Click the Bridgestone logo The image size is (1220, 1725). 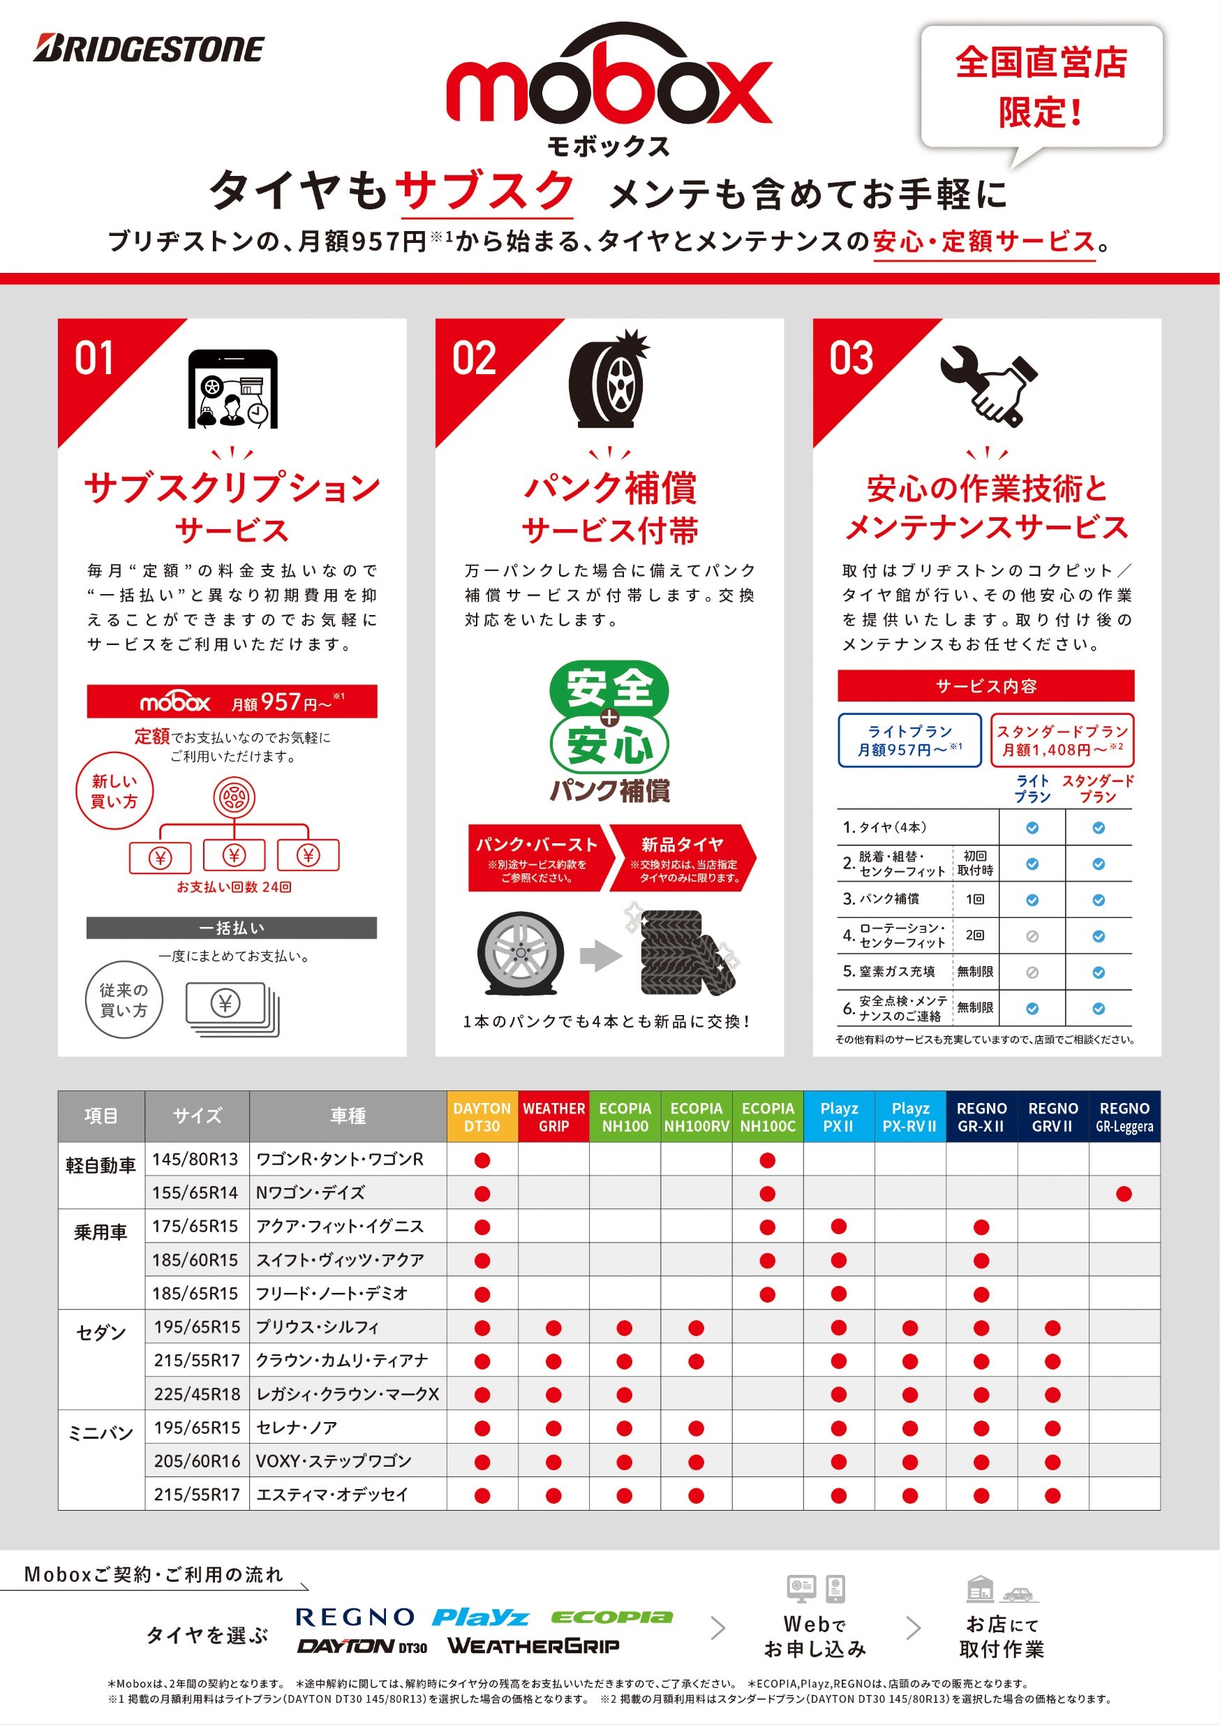point(148,49)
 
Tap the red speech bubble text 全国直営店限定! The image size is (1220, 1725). point(1041,87)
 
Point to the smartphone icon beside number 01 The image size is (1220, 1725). point(232,389)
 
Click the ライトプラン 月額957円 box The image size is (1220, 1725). point(909,740)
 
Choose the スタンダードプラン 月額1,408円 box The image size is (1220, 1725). point(1062,740)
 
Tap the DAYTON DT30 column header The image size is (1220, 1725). point(482,1117)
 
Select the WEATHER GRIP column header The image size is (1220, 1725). point(553,1117)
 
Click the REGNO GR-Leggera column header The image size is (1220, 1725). point(1124,1117)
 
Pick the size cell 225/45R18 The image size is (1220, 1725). point(197,1393)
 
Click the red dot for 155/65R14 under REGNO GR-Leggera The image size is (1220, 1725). point(1124,1194)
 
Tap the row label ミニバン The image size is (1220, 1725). point(101,1432)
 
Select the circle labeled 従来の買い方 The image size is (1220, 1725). point(124,1000)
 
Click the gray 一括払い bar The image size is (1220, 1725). point(232,928)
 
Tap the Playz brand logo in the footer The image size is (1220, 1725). point(481,1617)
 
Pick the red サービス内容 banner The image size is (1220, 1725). point(985,686)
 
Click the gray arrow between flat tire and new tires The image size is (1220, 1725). point(601,956)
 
